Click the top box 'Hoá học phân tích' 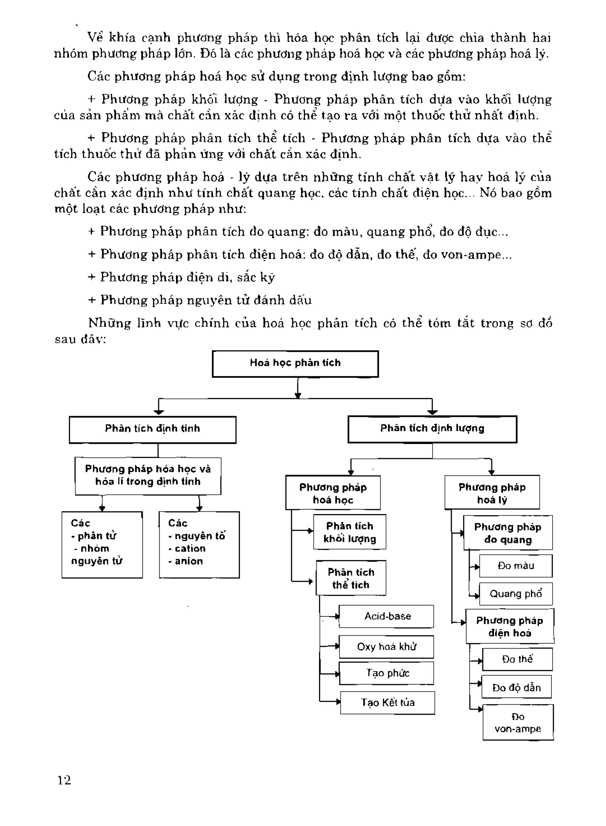295,363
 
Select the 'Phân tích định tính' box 153,429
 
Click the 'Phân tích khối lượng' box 349,532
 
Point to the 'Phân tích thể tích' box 351,578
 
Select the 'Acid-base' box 387,616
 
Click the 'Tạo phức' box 387,673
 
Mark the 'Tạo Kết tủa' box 387,703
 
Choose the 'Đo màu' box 515,566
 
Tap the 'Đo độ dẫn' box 517,687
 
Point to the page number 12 64,780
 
